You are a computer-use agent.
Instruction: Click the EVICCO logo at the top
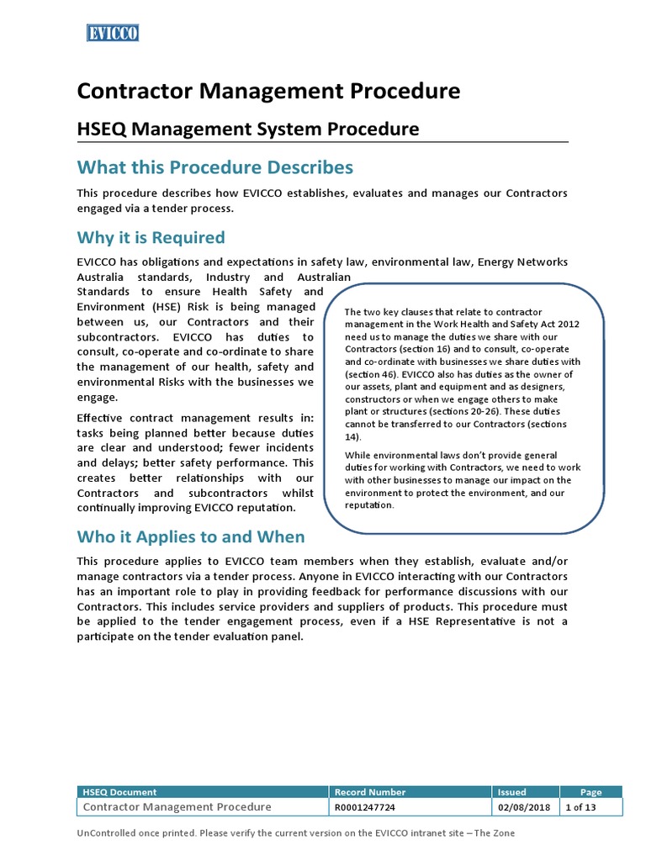tap(112, 33)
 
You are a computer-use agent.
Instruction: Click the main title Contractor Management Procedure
tap(268, 91)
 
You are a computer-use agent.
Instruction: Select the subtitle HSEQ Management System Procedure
tap(248, 129)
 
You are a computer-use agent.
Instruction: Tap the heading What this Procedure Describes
tap(215, 166)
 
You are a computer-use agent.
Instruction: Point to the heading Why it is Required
tap(151, 237)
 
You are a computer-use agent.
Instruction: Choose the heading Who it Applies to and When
tap(191, 536)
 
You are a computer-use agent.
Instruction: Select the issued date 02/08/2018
tap(524, 807)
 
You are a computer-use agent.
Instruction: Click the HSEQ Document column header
tap(119, 791)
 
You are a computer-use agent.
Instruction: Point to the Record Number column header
tap(370, 791)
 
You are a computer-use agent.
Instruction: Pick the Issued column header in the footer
tap(511, 791)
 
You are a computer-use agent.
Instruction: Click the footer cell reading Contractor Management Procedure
tap(177, 807)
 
